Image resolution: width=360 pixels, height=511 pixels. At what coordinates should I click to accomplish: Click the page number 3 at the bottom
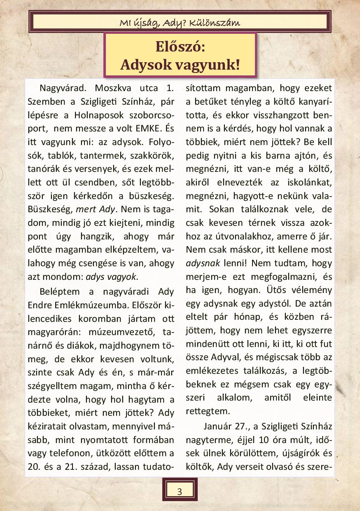click(180, 491)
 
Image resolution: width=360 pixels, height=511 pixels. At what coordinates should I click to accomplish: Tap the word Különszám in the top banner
click(220, 22)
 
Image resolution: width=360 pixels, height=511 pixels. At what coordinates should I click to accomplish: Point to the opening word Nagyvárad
click(62, 88)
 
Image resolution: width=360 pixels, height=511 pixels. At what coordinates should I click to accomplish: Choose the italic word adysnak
click(201, 263)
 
